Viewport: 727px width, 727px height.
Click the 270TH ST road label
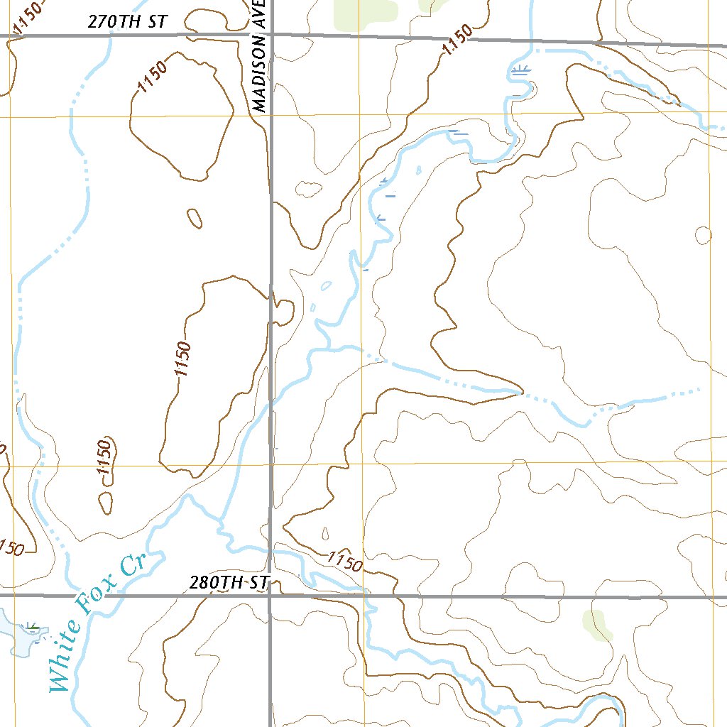[x=127, y=22]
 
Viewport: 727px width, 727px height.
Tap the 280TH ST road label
[x=229, y=583]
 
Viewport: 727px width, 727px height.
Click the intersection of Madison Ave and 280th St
[x=270, y=596]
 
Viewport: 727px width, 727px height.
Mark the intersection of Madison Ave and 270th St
[x=270, y=34]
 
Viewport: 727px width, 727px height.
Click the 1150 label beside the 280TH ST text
[x=346, y=562]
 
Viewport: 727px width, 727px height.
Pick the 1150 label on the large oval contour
[x=153, y=77]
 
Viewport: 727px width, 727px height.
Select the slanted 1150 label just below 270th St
[x=457, y=48]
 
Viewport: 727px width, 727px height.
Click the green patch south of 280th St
[x=597, y=624]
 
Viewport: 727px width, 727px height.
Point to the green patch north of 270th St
[x=364, y=11]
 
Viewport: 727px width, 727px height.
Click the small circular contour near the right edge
[x=703, y=235]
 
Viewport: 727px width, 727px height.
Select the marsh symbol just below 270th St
[x=522, y=70]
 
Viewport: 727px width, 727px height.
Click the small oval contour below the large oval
[x=194, y=218]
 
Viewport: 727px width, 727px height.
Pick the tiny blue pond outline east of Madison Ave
[x=326, y=286]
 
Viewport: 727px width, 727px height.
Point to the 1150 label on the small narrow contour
[x=105, y=458]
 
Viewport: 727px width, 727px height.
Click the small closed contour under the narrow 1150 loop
[x=106, y=503]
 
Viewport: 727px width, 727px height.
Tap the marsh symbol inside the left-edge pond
[x=31, y=626]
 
